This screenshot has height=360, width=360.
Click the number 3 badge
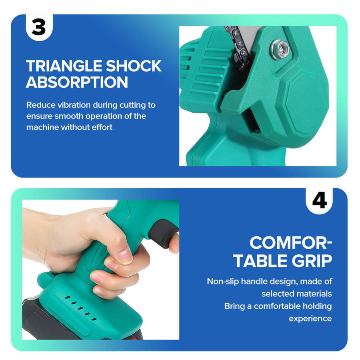coord(39,27)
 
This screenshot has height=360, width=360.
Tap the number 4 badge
coord(319,201)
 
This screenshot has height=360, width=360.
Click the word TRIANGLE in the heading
coord(64,66)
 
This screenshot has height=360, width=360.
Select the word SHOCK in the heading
coord(134,66)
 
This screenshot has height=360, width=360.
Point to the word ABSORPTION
coord(77,82)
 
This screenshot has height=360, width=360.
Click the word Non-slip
coord(223,282)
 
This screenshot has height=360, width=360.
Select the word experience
coord(310,319)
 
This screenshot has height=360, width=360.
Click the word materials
coord(316,294)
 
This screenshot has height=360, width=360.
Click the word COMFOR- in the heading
coord(291,243)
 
